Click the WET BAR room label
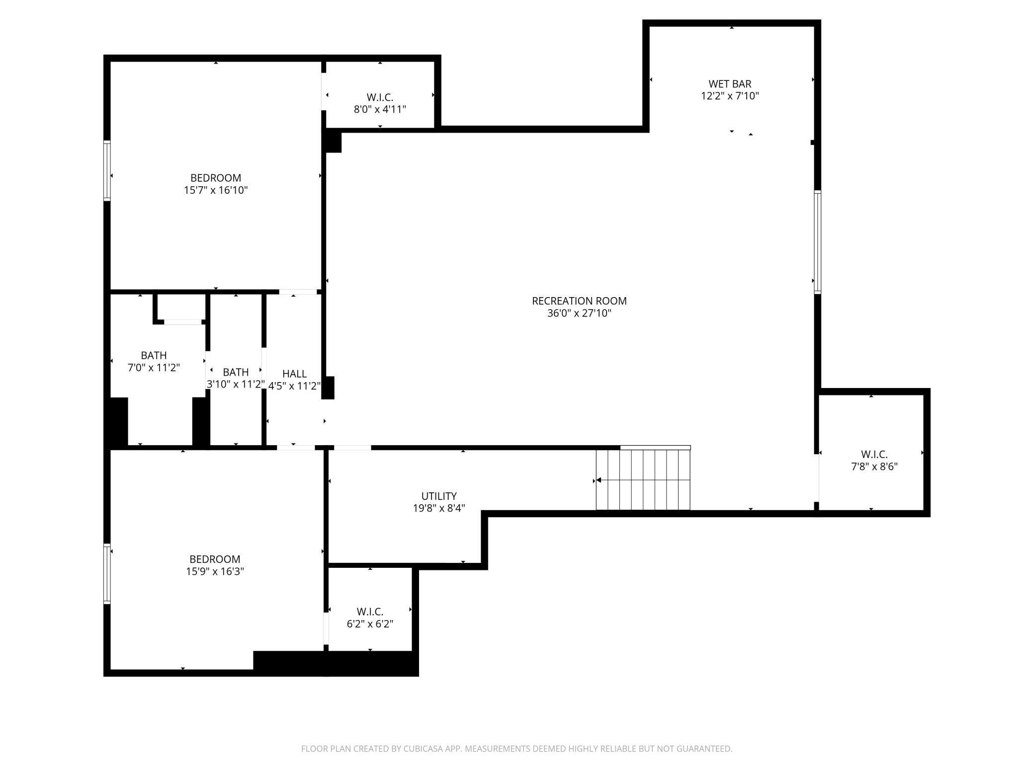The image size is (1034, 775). [x=730, y=84]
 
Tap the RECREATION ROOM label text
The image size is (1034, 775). [x=579, y=301]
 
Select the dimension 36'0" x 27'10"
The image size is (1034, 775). [x=579, y=313]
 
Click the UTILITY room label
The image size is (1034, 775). [x=439, y=496]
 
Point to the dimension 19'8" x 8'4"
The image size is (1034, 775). [x=439, y=508]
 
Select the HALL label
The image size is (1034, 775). [x=294, y=374]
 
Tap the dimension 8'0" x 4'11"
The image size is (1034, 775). [x=380, y=109]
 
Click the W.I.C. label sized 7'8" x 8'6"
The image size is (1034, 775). [x=874, y=455]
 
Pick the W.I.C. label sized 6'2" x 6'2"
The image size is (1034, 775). [x=369, y=612]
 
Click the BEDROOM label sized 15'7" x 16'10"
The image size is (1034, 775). [x=216, y=178]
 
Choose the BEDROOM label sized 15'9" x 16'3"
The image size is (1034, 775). [x=215, y=559]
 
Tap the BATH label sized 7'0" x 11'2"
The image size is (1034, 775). [x=154, y=356]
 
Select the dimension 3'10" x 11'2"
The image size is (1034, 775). [x=236, y=385]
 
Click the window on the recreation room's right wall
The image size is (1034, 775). [x=817, y=242]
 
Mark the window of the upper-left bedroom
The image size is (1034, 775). [x=107, y=171]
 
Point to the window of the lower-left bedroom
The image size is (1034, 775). [x=107, y=574]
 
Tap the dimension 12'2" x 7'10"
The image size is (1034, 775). [x=730, y=96]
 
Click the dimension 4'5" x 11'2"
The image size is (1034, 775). [x=294, y=386]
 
